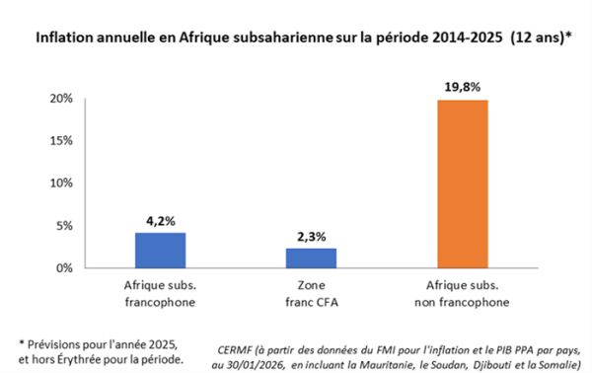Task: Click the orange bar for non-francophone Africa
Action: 464,184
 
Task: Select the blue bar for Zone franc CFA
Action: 311,258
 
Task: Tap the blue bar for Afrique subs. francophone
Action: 161,250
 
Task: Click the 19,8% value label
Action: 463,88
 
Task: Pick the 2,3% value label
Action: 311,237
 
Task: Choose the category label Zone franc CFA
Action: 311,292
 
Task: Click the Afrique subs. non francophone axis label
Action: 464,292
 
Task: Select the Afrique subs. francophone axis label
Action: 161,292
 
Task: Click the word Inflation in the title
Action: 64,40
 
